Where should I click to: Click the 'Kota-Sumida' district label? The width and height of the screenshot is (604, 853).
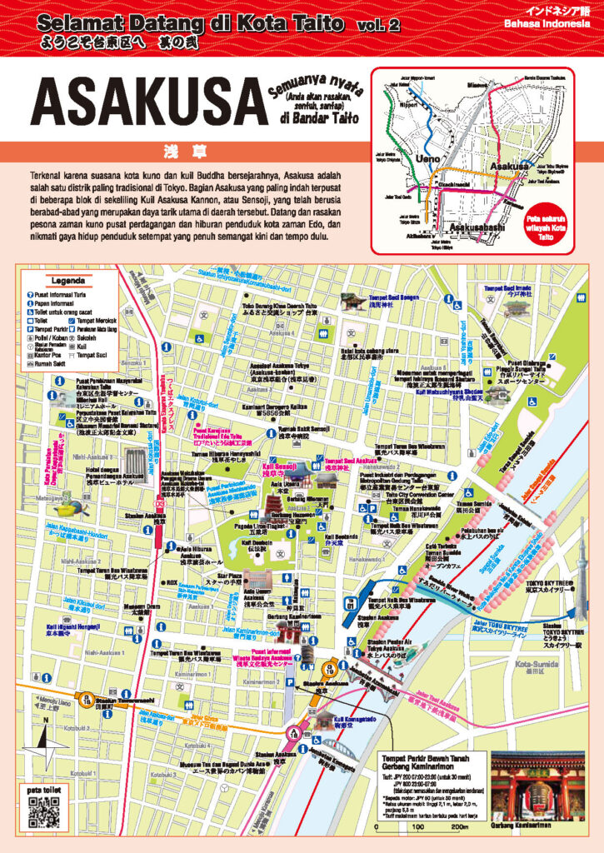(x=555, y=663)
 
